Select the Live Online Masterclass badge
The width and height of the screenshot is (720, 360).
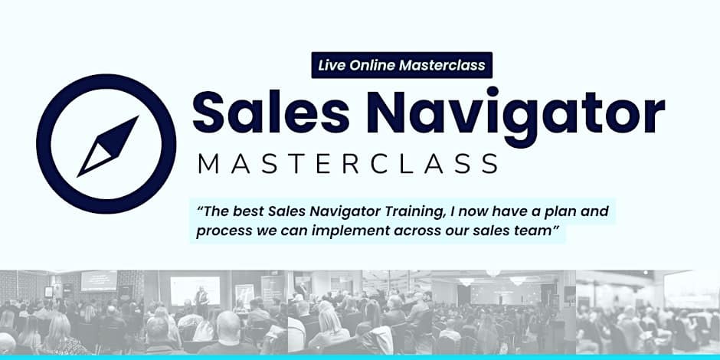coord(401,65)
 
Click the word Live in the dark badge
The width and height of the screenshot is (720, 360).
coord(332,65)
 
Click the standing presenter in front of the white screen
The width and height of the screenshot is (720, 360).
coord(201,299)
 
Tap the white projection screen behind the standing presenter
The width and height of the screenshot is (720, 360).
coord(191,290)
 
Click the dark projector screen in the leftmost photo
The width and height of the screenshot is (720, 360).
coord(99,280)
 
